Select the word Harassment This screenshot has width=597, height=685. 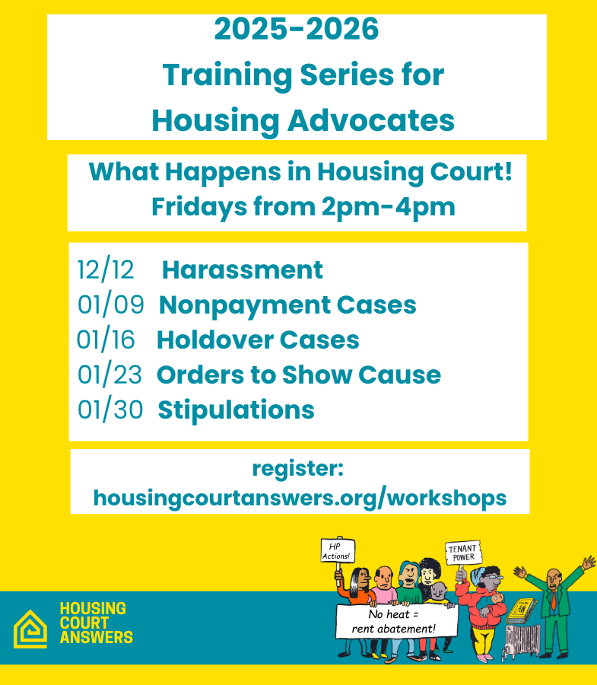click(242, 270)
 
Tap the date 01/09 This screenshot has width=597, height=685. click(110, 305)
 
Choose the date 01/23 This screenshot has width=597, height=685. click(110, 374)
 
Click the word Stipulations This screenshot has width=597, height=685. click(236, 409)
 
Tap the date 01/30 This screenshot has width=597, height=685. click(110, 409)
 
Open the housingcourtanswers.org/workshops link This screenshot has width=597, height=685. click(300, 498)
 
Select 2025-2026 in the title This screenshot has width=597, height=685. click(297, 30)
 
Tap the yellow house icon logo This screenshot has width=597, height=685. click(30, 629)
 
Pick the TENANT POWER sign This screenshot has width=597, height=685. click(462, 552)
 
